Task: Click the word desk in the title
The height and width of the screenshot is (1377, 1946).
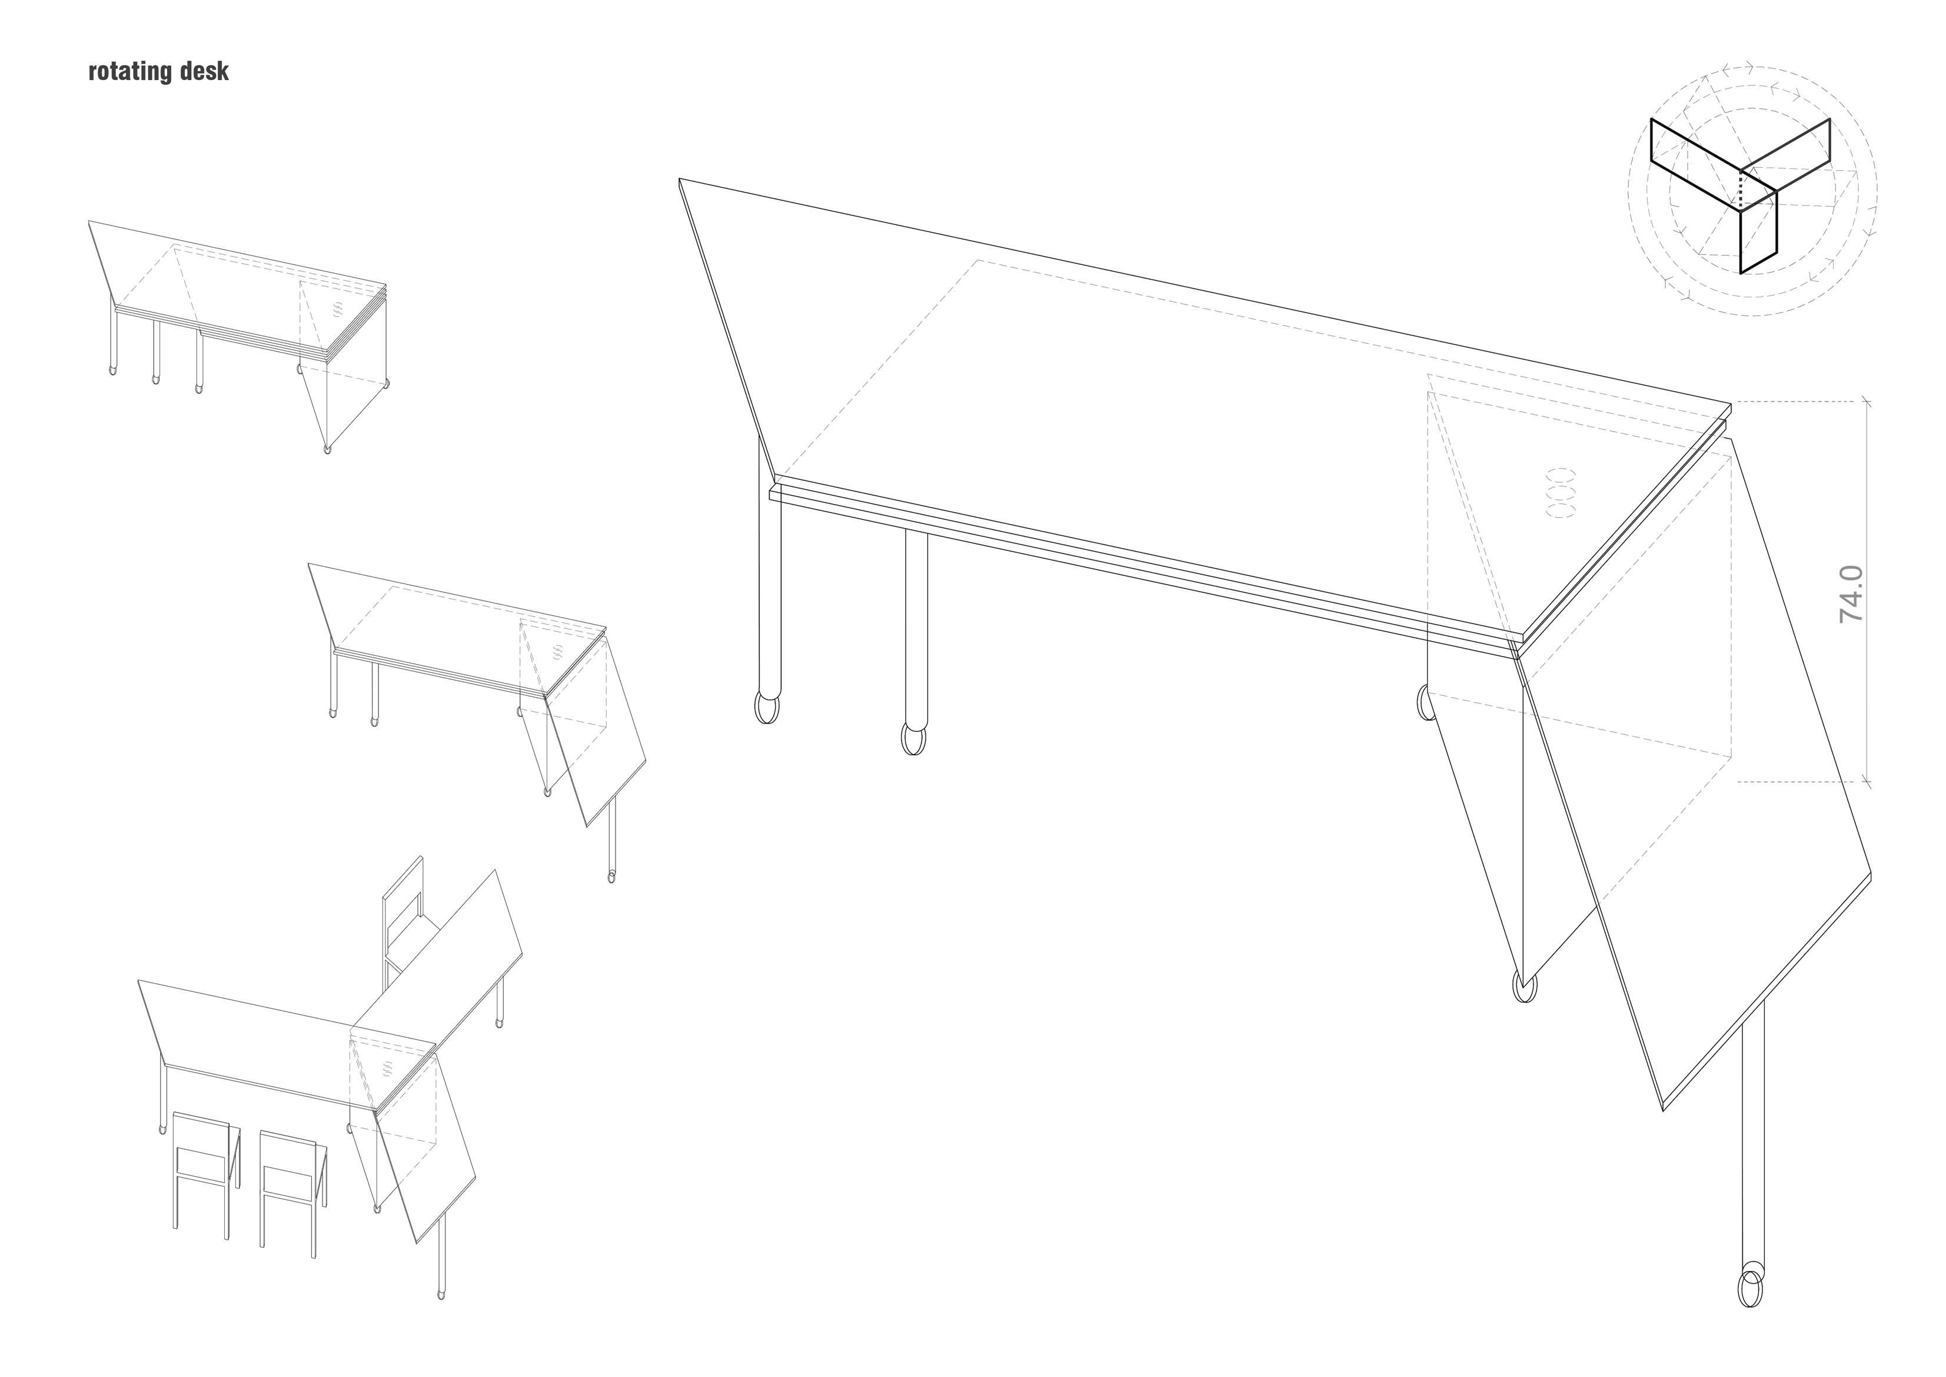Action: (x=204, y=71)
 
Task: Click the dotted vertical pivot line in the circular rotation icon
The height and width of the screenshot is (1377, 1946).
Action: (x=1741, y=189)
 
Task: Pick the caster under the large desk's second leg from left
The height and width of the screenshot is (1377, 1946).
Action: (x=914, y=738)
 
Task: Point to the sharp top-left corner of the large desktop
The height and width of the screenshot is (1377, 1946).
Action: (x=680, y=179)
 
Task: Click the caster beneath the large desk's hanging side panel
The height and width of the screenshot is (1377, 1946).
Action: (x=1524, y=988)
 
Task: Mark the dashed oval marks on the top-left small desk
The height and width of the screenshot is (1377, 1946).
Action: (x=339, y=310)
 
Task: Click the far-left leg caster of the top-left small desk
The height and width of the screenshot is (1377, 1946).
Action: (x=114, y=370)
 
